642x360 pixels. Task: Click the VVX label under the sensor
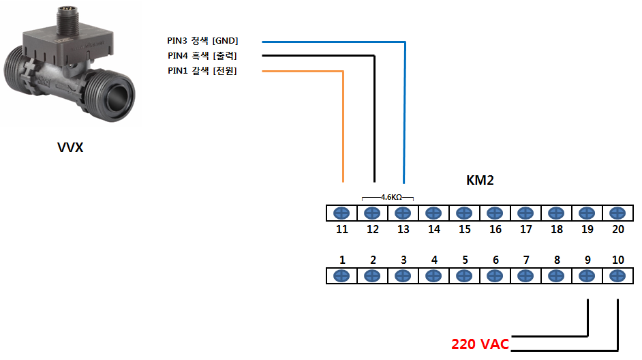point(70,147)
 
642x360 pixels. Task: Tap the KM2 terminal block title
point(480,180)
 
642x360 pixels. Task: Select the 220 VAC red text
point(480,344)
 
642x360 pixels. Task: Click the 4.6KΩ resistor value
point(391,197)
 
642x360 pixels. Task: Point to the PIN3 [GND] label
point(202,40)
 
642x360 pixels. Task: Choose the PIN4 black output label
point(202,56)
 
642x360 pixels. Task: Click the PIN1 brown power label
point(202,71)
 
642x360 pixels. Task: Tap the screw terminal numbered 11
point(341,213)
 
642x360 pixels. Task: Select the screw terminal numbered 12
point(372,213)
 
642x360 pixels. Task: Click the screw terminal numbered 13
point(403,213)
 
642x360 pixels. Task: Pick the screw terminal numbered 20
point(617,213)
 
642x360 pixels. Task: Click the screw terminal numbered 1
point(341,276)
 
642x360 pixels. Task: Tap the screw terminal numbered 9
point(587,276)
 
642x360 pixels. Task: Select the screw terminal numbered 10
point(617,276)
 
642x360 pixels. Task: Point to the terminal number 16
point(495,229)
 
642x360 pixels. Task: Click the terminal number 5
point(465,260)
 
